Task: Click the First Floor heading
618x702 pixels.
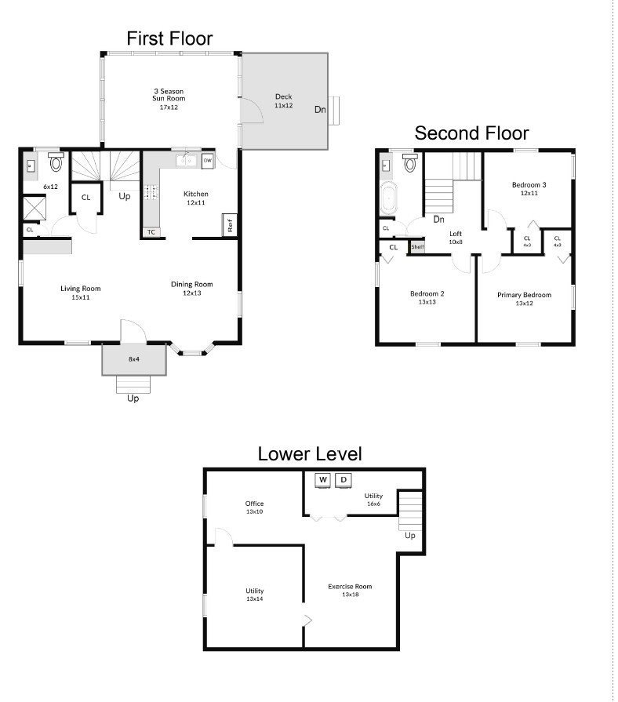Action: click(x=169, y=38)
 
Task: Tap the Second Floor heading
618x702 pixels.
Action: click(x=471, y=133)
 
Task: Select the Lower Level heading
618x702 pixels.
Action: click(x=310, y=454)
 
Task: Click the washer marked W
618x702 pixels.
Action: click(x=323, y=480)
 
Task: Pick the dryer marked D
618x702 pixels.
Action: click(x=344, y=480)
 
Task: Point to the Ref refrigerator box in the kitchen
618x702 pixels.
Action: click(x=230, y=225)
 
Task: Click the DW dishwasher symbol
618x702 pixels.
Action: click(x=207, y=161)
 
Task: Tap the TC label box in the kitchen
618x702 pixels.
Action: click(x=151, y=232)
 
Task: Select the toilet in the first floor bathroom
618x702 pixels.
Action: click(x=56, y=162)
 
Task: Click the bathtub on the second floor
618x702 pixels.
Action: click(x=387, y=198)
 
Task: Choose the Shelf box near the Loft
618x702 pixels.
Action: click(x=417, y=247)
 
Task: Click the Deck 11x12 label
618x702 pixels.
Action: click(x=283, y=100)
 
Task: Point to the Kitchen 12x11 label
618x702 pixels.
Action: click(x=195, y=198)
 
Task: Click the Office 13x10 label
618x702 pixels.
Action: click(x=254, y=507)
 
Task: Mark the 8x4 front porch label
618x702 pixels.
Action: click(x=134, y=359)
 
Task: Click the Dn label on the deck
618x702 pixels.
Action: click(x=320, y=110)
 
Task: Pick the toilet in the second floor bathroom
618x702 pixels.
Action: click(x=410, y=163)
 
